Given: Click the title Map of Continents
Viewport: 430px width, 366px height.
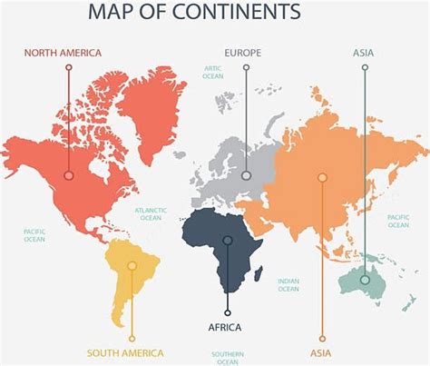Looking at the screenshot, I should [194, 14].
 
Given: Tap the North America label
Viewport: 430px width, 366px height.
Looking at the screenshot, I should [63, 53].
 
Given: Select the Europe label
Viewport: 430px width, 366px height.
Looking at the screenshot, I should [243, 53].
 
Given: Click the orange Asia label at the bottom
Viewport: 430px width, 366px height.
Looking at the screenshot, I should [321, 352].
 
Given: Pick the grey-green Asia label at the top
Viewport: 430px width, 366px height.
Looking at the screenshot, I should [363, 53].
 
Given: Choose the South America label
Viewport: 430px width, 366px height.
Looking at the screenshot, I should [125, 352].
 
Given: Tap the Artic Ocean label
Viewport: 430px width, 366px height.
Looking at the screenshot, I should [213, 72].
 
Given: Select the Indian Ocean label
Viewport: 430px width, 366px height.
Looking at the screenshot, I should [288, 285].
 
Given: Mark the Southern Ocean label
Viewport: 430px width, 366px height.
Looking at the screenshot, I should [226, 358].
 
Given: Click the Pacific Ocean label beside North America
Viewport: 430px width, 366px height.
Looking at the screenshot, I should [34, 235].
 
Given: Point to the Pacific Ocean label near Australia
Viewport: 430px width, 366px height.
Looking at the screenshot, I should [398, 221].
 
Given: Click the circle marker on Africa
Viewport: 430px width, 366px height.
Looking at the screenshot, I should [228, 241].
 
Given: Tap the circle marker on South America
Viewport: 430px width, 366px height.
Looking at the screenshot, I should [132, 266].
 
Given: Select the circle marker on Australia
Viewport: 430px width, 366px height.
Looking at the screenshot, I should [365, 281].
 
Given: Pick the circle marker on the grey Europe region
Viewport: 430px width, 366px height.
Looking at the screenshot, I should [246, 175].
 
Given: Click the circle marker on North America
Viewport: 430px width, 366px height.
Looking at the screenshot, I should [69, 175].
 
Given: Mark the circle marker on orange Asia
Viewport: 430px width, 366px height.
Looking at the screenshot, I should [321, 178].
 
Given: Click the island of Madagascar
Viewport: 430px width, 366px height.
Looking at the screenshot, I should [259, 272].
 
